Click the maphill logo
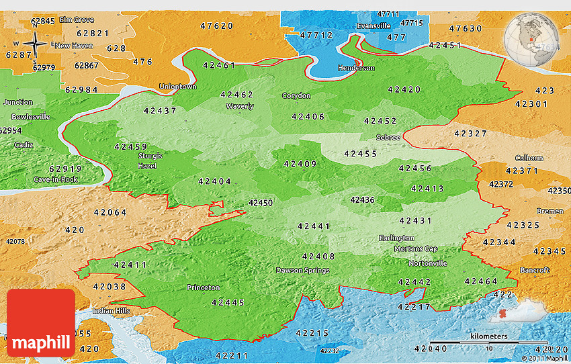click(41, 324)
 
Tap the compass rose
click(35, 44)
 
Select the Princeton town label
click(203, 287)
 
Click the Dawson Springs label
click(302, 271)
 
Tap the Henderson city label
click(356, 68)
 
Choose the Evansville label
click(374, 26)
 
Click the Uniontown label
click(177, 87)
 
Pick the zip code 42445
click(228, 302)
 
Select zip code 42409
click(300, 164)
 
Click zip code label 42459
click(131, 146)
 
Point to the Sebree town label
click(388, 138)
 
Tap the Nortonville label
click(427, 263)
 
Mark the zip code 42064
click(109, 212)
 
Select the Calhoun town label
click(529, 158)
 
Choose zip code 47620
click(216, 26)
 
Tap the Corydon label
click(296, 95)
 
